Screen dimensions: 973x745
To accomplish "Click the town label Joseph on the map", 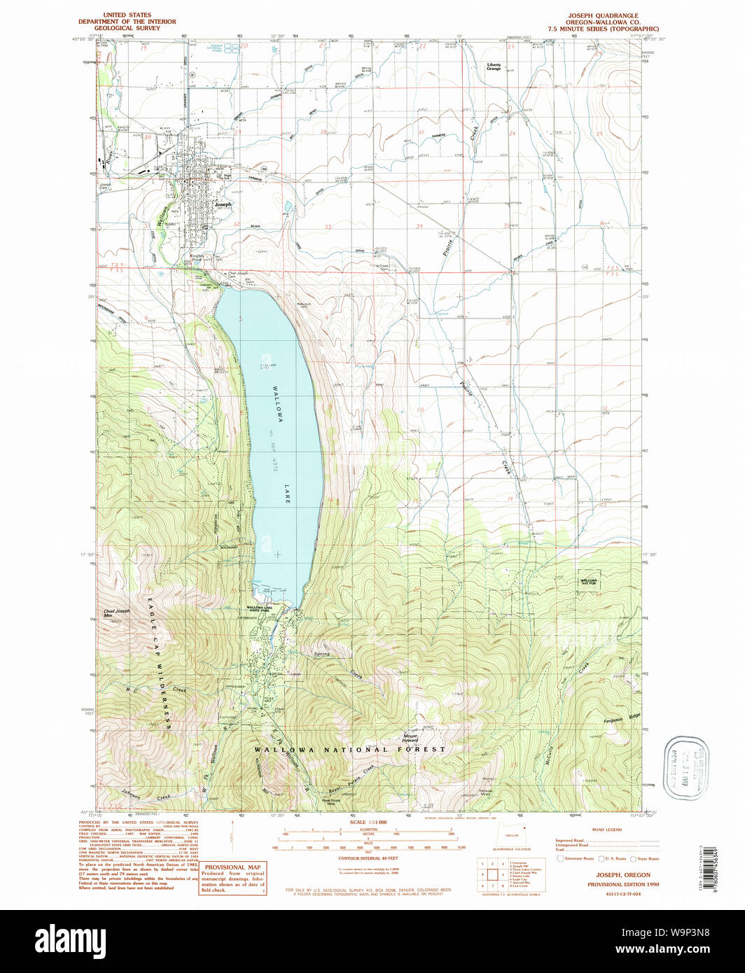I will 222,204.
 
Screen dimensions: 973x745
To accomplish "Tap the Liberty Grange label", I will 494,66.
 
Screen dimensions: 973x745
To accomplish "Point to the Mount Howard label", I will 411,738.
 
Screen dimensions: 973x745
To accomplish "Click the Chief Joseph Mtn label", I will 117,613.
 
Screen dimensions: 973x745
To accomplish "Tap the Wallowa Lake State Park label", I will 263,608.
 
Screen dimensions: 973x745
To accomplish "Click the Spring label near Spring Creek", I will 321,654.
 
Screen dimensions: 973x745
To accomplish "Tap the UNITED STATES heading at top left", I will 127,15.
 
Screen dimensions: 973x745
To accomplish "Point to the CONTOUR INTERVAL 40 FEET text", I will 368,858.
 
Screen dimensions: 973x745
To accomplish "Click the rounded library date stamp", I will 685,768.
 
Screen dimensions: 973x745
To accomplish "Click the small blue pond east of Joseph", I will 288,206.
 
